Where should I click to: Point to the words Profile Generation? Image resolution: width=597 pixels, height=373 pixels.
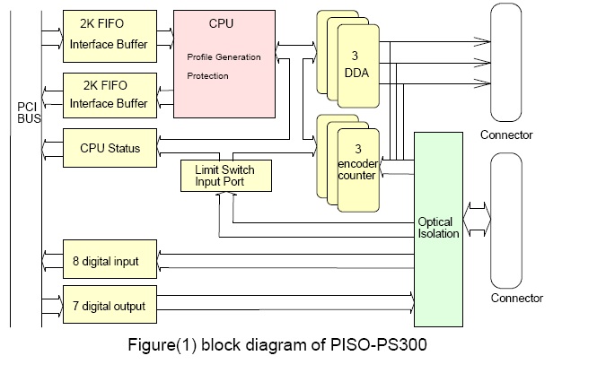(224, 57)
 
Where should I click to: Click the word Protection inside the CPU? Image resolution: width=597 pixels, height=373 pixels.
(207, 76)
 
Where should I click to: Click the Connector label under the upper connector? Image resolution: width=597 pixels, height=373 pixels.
(505, 135)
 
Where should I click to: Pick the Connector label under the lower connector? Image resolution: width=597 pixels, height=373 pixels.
(516, 299)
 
